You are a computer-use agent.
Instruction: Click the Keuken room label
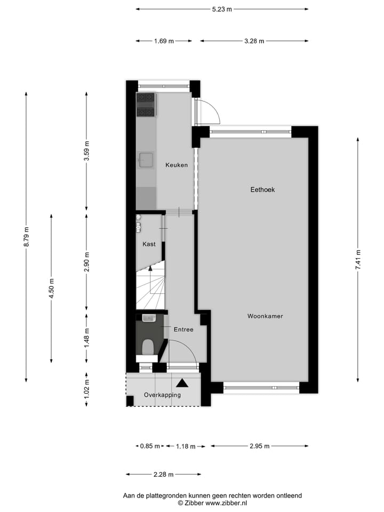click(x=176, y=165)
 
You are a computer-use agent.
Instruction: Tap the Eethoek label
click(x=262, y=189)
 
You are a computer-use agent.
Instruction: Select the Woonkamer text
click(x=265, y=316)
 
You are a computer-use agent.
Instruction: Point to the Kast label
click(x=149, y=244)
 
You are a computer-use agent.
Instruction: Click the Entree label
click(x=183, y=330)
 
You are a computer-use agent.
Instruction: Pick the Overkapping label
click(x=162, y=395)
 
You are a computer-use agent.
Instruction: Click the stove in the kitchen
click(x=146, y=105)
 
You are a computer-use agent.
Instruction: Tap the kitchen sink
click(x=147, y=159)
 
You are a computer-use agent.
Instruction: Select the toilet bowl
click(x=148, y=347)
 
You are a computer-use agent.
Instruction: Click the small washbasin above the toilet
click(x=149, y=318)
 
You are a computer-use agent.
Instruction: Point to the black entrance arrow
click(x=182, y=383)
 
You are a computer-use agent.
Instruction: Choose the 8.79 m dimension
click(x=26, y=237)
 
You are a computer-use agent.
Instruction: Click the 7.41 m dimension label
click(x=358, y=259)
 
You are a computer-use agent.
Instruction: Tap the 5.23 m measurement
click(x=222, y=9)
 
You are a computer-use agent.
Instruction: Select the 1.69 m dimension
click(x=164, y=41)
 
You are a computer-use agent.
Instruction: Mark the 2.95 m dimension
click(x=259, y=446)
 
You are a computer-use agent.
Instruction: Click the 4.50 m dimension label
click(x=52, y=289)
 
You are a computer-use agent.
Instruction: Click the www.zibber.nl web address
click(x=226, y=503)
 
